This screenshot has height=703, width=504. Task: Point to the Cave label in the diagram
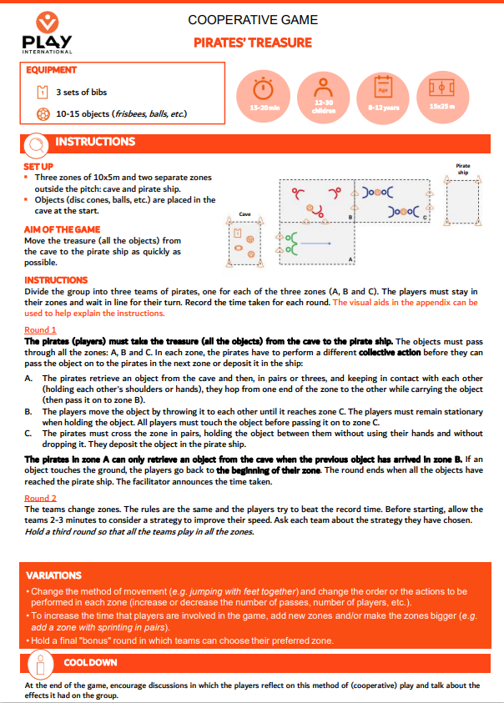pos(244,215)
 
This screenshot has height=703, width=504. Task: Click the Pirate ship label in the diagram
pos(463,169)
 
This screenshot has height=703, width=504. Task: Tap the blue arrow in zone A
pos(315,244)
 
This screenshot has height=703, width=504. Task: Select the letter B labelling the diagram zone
pos(350,218)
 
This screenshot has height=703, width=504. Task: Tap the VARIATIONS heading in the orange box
pos(53,575)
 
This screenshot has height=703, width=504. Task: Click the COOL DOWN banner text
pos(90,662)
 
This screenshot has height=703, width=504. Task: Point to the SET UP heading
pos(38,167)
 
